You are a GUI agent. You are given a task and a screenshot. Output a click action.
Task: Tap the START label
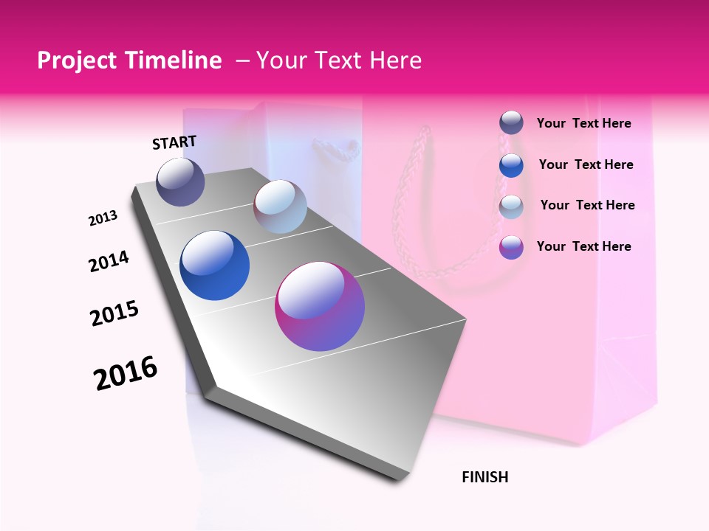point(174,142)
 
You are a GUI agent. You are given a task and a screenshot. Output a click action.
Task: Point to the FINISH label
point(484,477)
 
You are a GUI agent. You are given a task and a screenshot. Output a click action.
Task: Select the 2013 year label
point(103,218)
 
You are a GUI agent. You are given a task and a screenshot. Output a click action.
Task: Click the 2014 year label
point(109,261)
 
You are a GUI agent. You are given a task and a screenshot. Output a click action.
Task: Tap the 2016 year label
point(126,373)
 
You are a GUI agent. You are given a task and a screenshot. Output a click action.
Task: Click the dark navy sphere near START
point(181,182)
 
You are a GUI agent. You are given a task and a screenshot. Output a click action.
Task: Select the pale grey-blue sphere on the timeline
point(280,206)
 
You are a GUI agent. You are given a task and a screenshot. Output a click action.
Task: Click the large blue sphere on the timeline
point(215,265)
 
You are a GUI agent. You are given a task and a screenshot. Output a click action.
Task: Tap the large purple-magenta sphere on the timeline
point(320,306)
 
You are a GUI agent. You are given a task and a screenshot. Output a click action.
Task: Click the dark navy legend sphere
point(511,122)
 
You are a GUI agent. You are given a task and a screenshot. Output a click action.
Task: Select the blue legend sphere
point(511,164)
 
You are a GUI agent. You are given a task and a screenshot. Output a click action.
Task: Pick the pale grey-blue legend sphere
point(511,206)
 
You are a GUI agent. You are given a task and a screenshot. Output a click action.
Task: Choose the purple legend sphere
point(511,246)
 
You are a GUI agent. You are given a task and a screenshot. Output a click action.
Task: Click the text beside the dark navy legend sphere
point(583,123)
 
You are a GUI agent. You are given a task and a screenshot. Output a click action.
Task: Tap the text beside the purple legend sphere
point(583,246)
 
